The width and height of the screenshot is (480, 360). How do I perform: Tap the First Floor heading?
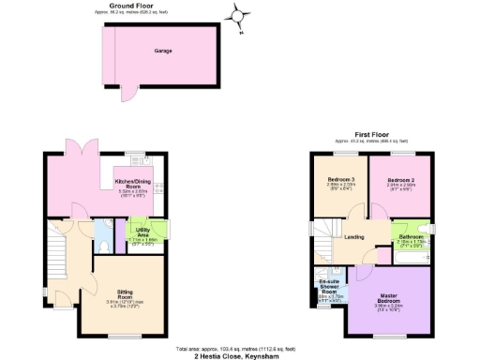[370, 134]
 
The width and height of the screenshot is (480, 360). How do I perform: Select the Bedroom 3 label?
[339, 180]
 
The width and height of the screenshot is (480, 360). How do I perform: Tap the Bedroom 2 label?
[400, 180]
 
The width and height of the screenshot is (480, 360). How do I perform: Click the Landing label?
[353, 237]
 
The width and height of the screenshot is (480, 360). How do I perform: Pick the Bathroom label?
[410, 237]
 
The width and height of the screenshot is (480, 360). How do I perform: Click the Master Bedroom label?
[387, 298]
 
